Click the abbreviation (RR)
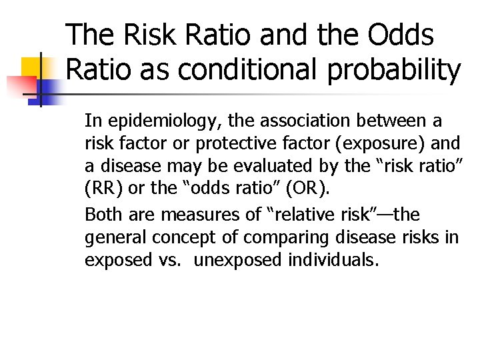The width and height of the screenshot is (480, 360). (x=104, y=189)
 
